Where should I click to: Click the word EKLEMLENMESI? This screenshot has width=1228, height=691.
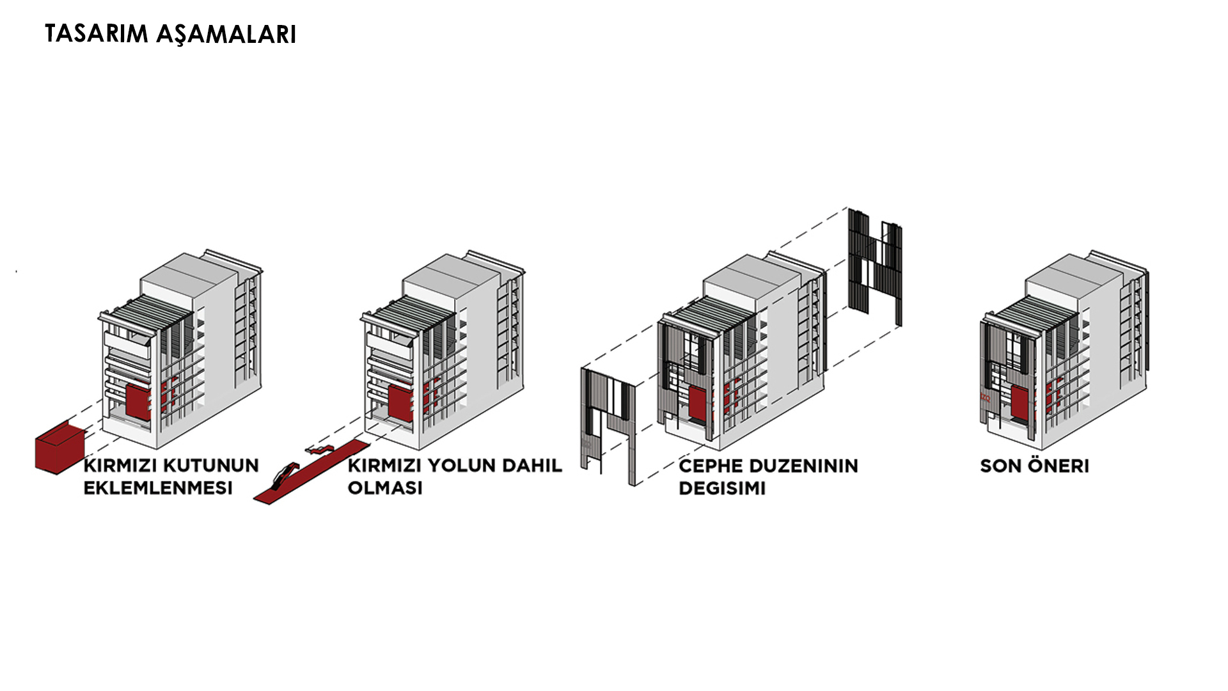[x=158, y=488]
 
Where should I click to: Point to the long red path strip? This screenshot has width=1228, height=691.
[x=313, y=472]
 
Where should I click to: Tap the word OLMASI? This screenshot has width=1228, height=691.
[x=385, y=488]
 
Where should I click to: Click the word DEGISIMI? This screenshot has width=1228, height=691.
[x=721, y=488]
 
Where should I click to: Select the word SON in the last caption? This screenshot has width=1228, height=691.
[x=998, y=466]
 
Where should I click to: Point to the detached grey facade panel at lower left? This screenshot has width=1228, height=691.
[x=608, y=422]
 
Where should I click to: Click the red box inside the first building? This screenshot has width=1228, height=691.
[x=138, y=402]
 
